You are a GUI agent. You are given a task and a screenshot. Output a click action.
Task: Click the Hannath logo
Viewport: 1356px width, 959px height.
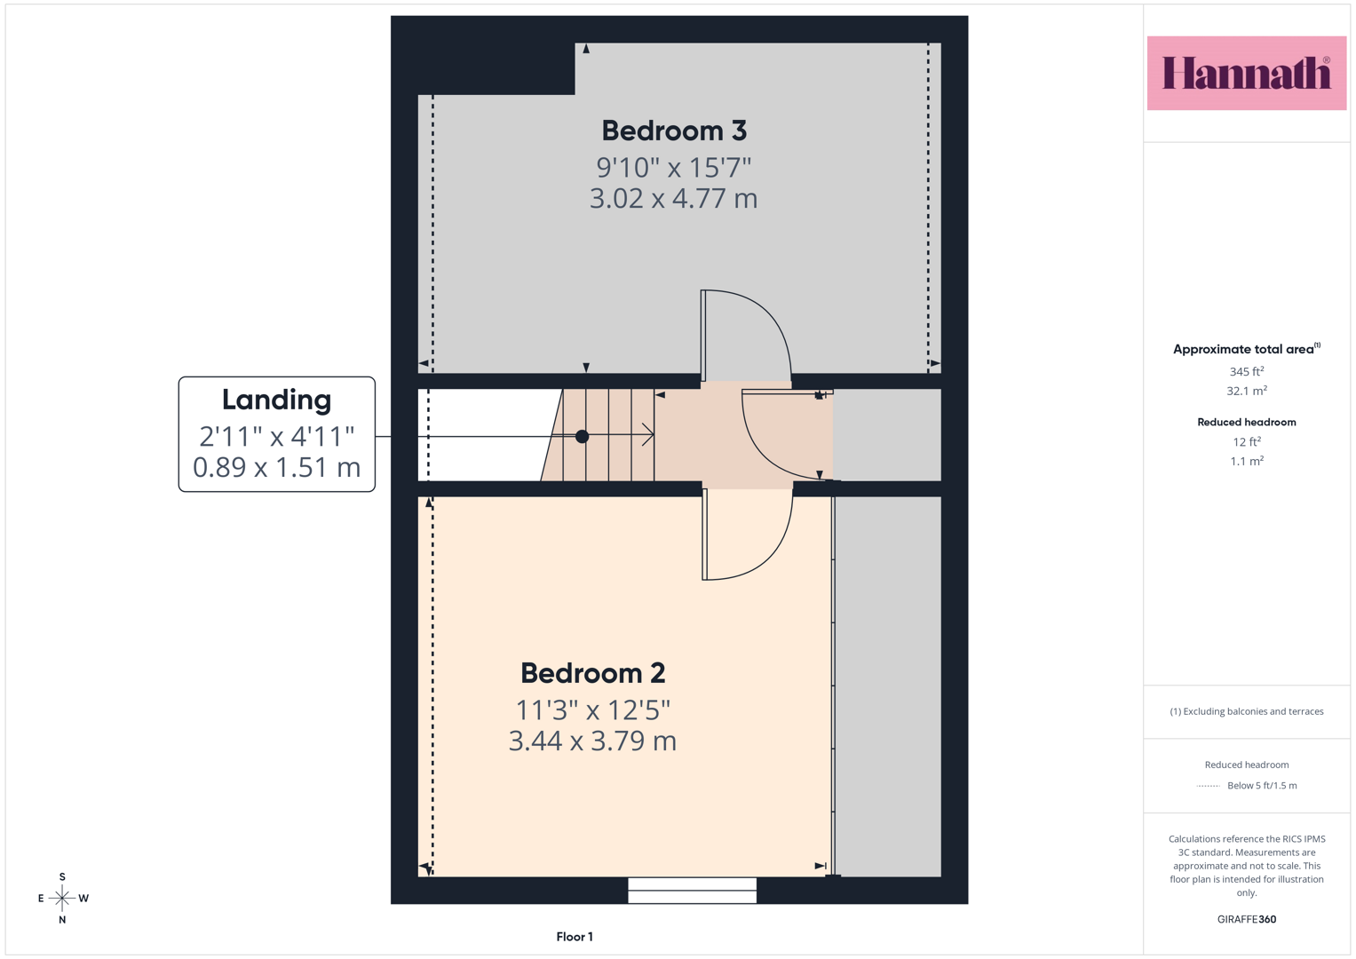pyautogui.click(x=1247, y=73)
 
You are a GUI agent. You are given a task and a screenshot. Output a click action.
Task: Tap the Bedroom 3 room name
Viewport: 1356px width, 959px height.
pyautogui.click(x=674, y=131)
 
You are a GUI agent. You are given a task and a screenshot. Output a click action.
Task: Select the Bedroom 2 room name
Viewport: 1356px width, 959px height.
pyautogui.click(x=592, y=673)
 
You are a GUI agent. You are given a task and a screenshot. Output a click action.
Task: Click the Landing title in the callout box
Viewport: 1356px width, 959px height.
pyautogui.click(x=277, y=400)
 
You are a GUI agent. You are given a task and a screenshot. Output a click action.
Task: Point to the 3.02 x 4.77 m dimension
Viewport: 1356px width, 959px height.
pyautogui.click(x=674, y=199)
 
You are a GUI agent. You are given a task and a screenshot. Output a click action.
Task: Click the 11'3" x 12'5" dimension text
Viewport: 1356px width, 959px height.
pyautogui.click(x=592, y=710)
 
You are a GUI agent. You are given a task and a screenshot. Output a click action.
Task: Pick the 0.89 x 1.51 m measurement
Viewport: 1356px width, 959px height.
pyautogui.click(x=277, y=467)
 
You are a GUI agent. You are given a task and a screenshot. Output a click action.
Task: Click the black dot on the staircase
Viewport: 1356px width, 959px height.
pyautogui.click(x=582, y=437)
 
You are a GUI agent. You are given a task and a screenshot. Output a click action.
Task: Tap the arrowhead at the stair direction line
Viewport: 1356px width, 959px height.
pyautogui.click(x=649, y=435)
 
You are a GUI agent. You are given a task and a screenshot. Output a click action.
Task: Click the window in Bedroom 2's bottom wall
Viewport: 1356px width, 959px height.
pyautogui.click(x=692, y=891)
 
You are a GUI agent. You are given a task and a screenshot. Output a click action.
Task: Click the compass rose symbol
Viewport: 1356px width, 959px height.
pyautogui.click(x=62, y=898)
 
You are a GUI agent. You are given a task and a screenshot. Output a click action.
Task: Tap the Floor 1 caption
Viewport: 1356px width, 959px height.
pyautogui.click(x=575, y=937)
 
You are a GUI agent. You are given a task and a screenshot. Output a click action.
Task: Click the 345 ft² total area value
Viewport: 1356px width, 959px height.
pyautogui.click(x=1247, y=371)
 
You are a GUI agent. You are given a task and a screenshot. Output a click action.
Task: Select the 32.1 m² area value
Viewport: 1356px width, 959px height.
pyautogui.click(x=1247, y=391)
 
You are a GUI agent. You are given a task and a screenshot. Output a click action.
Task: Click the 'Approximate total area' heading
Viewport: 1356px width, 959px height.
pyautogui.click(x=1247, y=349)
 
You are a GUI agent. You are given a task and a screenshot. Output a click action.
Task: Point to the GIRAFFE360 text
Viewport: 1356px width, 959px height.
pyautogui.click(x=1247, y=919)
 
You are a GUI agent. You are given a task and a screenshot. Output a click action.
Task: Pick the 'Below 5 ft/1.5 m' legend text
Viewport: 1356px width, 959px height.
pyautogui.click(x=1262, y=785)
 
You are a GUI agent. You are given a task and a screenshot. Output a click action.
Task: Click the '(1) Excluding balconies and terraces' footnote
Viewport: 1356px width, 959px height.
pyautogui.click(x=1247, y=711)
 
